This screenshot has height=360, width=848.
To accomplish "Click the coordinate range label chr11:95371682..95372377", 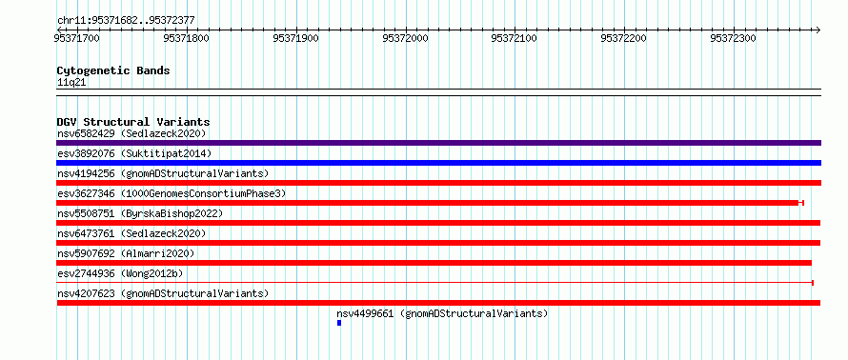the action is pos(126,21).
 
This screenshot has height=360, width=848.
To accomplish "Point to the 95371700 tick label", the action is pos(77,38).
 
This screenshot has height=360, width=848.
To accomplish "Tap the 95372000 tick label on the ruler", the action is pos(405,38).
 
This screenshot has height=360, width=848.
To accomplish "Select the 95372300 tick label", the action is pos(733,38).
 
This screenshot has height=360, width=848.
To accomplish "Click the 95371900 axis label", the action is pos(295,38).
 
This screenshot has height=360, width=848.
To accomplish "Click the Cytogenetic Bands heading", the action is pos(113,70).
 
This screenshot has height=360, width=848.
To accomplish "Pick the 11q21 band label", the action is pos(71,83).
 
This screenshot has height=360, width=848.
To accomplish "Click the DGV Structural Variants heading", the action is pos(133,122).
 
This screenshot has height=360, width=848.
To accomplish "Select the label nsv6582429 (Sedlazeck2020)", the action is pos(131,133).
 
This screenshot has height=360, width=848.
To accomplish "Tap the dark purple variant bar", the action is pos(438,143).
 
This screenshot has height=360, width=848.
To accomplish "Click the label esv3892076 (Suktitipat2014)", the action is pos(134,153).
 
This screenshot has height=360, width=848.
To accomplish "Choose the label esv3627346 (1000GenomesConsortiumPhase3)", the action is pos(172,193).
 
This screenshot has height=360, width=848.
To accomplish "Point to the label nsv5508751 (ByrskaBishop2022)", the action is pos(140,213).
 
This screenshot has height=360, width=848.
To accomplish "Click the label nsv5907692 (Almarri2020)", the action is pos(126,253).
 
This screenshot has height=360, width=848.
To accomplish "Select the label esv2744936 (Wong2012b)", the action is pos(120,273).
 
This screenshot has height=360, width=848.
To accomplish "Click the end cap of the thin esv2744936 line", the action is pos(813,283).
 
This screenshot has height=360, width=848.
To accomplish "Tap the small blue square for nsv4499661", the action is pos(339,323).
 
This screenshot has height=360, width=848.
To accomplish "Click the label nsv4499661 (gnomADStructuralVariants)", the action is pos(442,313).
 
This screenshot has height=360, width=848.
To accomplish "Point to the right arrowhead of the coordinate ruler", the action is pos(818,30).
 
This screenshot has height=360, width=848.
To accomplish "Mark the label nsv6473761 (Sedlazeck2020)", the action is pos(131,233).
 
